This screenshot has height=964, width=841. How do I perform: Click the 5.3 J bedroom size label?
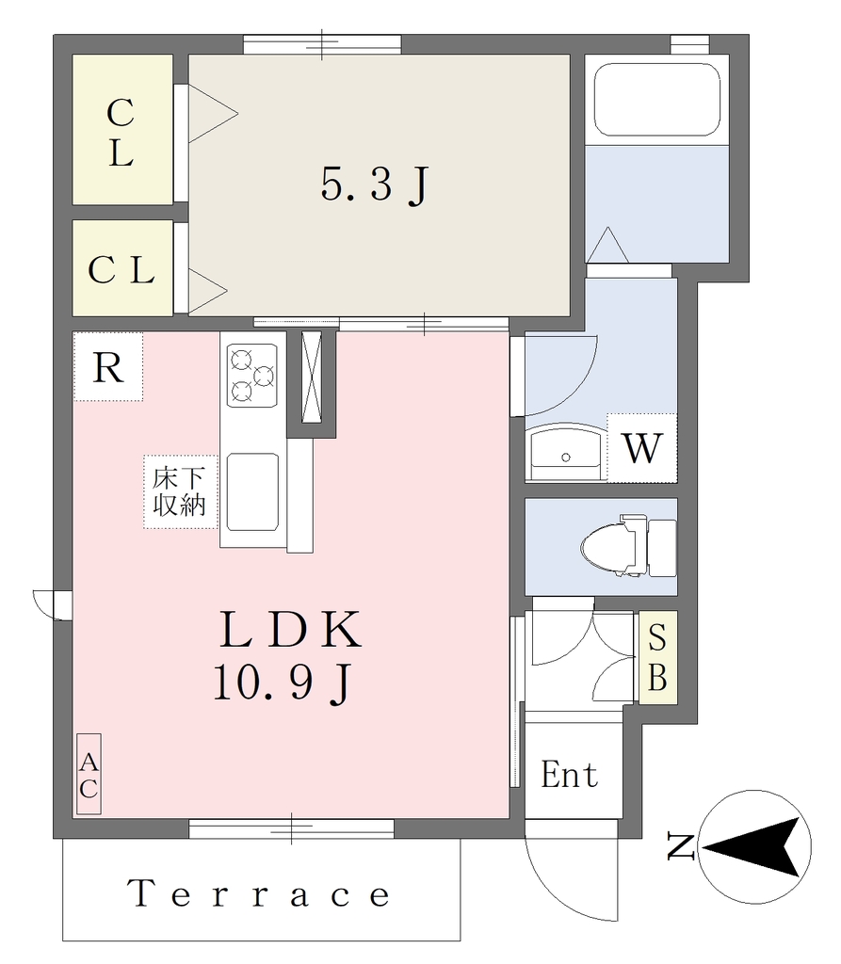coord(374,185)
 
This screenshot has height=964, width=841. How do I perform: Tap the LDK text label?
coord(291,630)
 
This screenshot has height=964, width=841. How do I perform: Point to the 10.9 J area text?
coord(283,684)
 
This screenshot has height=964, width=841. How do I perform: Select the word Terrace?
coord(259,893)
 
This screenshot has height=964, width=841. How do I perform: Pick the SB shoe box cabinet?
coord(657,657)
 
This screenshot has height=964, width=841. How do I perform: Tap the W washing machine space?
coord(641,447)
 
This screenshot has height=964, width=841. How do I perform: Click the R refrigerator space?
coord(108,367)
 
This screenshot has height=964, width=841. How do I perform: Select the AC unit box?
coord(89,774)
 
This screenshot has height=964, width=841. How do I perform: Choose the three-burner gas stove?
coord(252,375)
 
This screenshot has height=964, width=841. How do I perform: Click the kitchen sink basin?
coord(252,491)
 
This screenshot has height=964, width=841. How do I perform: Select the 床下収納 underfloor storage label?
coord(179,491)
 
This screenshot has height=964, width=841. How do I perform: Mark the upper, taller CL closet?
coord(122,130)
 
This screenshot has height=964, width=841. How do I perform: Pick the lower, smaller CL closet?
coord(122,268)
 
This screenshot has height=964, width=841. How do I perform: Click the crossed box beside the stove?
coord(312,377)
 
